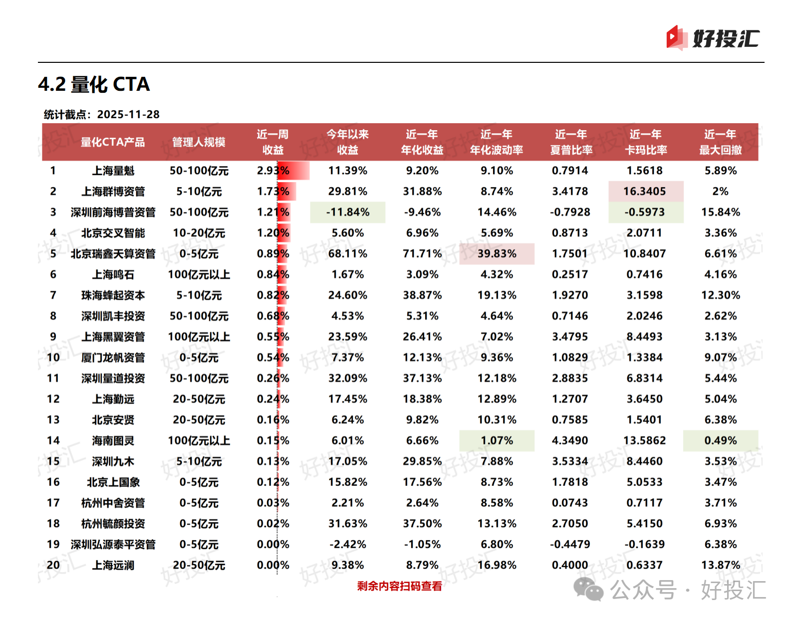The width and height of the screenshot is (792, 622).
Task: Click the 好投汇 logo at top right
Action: (x=713, y=38)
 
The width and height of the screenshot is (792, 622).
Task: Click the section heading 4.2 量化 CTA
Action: (x=94, y=84)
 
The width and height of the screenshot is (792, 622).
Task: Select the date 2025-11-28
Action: (x=128, y=115)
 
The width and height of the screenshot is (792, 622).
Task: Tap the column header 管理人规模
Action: (x=199, y=142)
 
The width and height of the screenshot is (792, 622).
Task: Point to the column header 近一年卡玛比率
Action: (x=645, y=142)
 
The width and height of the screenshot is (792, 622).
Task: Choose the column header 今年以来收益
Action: (x=347, y=142)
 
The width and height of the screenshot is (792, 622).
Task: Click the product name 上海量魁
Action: (x=113, y=171)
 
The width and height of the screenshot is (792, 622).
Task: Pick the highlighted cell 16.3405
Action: (x=645, y=192)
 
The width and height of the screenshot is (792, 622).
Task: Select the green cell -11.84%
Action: (x=348, y=212)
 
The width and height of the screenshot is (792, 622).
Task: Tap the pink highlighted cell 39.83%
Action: (x=497, y=254)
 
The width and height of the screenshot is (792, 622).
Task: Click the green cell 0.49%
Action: (x=720, y=441)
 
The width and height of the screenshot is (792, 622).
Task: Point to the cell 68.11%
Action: (x=347, y=254)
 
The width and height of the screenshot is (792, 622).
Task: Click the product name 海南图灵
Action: (x=113, y=441)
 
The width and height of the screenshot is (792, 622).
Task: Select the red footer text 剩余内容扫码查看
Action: (x=399, y=586)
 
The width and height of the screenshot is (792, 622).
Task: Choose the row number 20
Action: (x=53, y=565)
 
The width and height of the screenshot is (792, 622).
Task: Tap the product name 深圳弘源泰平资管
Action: (x=113, y=545)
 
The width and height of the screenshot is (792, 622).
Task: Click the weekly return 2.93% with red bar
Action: (x=273, y=171)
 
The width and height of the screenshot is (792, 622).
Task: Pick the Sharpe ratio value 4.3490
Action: (x=570, y=441)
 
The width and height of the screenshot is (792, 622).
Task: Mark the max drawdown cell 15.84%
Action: (x=720, y=212)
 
